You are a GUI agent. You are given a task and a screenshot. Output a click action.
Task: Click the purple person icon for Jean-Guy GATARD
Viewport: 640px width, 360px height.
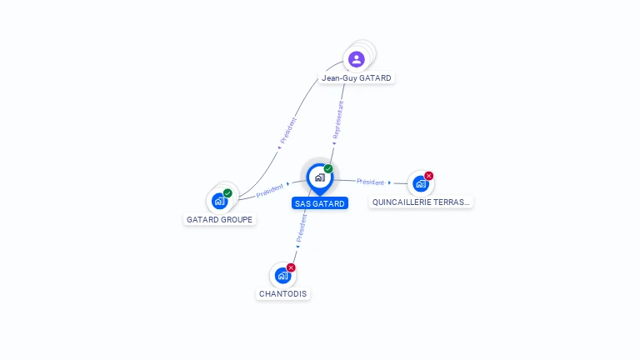tap(357, 59)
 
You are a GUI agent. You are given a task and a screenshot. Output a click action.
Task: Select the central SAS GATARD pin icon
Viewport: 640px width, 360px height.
tap(319, 177)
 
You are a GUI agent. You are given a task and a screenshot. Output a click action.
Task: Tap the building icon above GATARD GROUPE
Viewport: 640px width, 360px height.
tap(219, 200)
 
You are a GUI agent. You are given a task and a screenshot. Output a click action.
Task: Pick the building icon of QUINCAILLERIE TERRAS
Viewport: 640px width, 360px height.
tap(421, 183)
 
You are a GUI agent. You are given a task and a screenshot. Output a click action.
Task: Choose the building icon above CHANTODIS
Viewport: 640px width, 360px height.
tap(282, 275)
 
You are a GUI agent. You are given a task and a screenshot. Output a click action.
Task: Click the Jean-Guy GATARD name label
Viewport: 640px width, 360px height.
tap(357, 78)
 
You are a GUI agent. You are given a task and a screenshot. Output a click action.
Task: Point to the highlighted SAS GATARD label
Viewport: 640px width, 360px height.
tap(320, 203)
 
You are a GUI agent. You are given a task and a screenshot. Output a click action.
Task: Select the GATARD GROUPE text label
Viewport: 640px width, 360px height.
tap(220, 220)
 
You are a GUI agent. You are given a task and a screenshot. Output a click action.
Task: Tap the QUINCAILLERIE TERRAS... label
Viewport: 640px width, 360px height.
tap(421, 202)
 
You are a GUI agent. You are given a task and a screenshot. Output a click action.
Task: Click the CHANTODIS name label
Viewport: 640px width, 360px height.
tap(283, 294)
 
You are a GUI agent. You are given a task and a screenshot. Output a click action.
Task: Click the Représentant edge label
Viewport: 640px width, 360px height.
tap(337, 122)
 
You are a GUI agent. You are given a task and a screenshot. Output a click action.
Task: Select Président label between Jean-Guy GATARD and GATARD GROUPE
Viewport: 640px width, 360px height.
tap(288, 131)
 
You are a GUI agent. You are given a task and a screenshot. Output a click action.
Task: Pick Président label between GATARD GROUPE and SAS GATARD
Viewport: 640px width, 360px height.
tap(271, 190)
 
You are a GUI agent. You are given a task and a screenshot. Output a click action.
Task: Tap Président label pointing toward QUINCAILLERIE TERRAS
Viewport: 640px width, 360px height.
tap(371, 182)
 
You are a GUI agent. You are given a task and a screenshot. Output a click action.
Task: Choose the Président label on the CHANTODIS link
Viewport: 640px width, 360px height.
tap(302, 227)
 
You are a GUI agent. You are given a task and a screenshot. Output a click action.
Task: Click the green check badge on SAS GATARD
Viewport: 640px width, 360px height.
tap(328, 168)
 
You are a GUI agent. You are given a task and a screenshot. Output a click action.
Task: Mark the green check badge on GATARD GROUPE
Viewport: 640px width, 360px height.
tap(227, 193)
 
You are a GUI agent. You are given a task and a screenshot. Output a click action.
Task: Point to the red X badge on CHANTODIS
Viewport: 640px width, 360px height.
tap(291, 267)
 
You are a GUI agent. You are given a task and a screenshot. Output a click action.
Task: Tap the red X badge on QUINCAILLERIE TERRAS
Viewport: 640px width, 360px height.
tap(429, 176)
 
